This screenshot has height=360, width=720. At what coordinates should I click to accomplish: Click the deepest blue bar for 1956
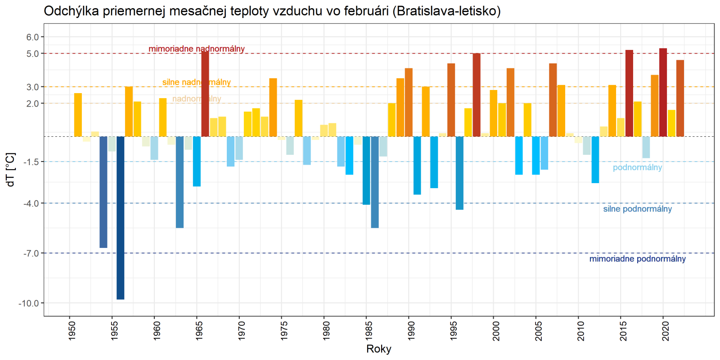tap(120, 218)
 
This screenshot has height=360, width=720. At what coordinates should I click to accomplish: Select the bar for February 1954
tap(103, 192)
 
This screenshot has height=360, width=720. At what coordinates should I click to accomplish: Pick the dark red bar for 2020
tap(663, 92)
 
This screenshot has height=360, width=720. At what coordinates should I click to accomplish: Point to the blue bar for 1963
tap(180, 182)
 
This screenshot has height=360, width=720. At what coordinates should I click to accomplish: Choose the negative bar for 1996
tap(459, 173)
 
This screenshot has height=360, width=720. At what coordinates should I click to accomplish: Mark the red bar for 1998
tap(477, 95)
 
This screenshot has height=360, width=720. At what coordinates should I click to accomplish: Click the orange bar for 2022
tap(680, 98)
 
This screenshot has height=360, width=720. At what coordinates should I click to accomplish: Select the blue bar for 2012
tap(595, 160)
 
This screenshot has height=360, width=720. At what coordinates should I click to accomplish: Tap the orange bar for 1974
tap(273, 108)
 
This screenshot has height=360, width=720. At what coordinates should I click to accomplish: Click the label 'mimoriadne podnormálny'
tap(637, 259)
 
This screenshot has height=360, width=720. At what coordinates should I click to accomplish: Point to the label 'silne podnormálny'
tap(637, 209)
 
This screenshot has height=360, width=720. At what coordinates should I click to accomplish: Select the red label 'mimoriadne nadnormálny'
tap(197, 49)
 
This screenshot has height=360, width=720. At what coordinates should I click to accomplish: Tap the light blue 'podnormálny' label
tap(637, 167)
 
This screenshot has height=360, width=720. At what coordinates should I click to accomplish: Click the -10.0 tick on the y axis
tap(28, 303)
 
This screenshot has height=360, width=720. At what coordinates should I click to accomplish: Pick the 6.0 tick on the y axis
tap(32, 37)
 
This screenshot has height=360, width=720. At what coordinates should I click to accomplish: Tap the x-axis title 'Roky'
tap(379, 349)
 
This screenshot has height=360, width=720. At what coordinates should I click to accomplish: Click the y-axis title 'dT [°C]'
tap(11, 170)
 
